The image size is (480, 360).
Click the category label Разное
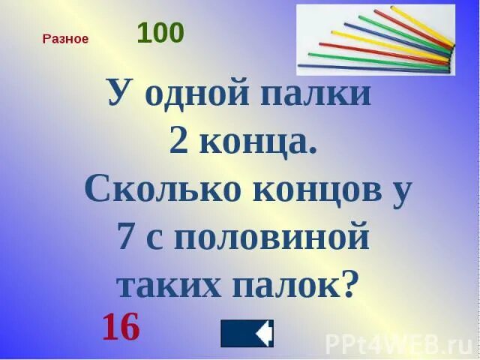pos(66,39)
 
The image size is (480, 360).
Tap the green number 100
pos(160,33)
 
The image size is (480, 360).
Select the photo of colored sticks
pos(376,38)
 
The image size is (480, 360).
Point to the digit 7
pos(126,238)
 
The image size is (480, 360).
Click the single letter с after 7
pos(162,241)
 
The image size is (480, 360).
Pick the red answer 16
pos(121,327)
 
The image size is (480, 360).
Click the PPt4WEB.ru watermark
pos(397,344)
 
